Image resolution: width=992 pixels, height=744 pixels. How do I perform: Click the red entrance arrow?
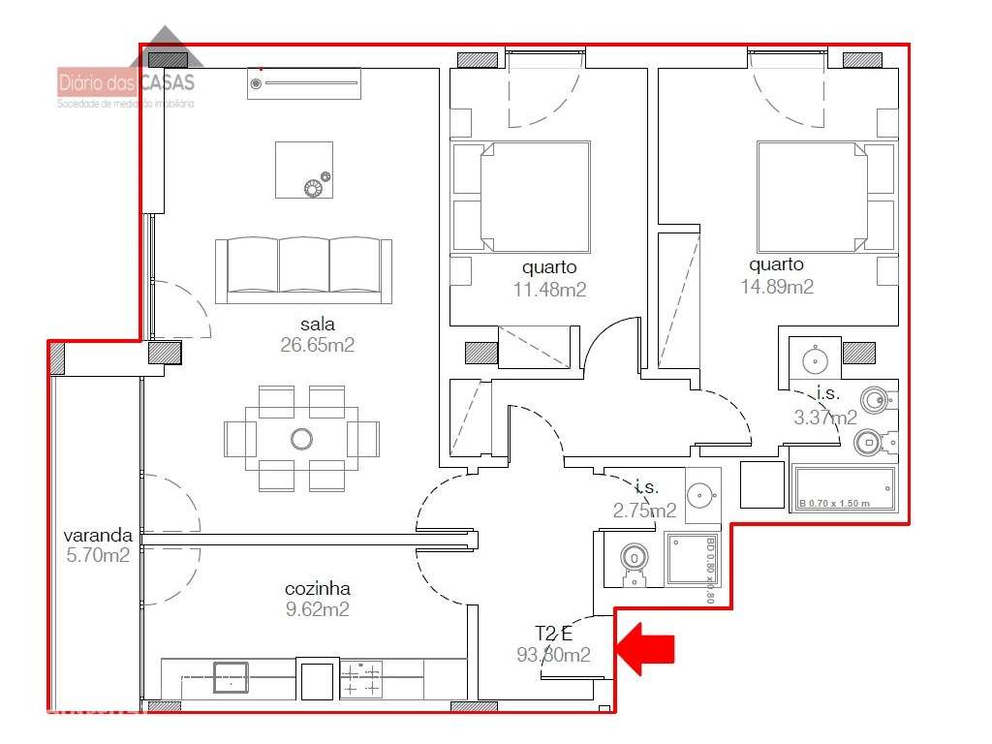pyautogui.click(x=646, y=647)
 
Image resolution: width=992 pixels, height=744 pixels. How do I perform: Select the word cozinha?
pyautogui.click(x=317, y=588)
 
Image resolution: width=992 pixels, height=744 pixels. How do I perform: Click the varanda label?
pyautogui.click(x=96, y=535)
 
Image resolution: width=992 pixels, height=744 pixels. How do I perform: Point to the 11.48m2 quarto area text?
pyautogui.click(x=549, y=289)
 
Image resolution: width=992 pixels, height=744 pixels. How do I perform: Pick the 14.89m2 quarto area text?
pyautogui.click(x=776, y=287)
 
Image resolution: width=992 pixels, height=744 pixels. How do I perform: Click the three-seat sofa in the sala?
pyautogui.click(x=303, y=269)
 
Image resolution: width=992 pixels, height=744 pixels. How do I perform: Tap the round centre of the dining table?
pyautogui.click(x=301, y=438)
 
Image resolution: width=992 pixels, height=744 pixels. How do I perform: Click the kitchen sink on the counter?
pyautogui.click(x=230, y=676)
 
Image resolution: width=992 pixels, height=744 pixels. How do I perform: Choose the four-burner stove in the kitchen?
pyautogui.click(x=360, y=679)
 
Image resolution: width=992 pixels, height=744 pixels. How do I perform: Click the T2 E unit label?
pyautogui.click(x=555, y=634)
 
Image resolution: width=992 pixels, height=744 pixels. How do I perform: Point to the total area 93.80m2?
pyautogui.click(x=553, y=655)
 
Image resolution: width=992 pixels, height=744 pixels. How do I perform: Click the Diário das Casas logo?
pyautogui.click(x=126, y=83)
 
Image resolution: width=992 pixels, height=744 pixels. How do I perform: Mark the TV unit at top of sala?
pyautogui.click(x=303, y=83)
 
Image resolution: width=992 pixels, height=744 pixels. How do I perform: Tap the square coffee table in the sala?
pyautogui.click(x=303, y=170)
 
